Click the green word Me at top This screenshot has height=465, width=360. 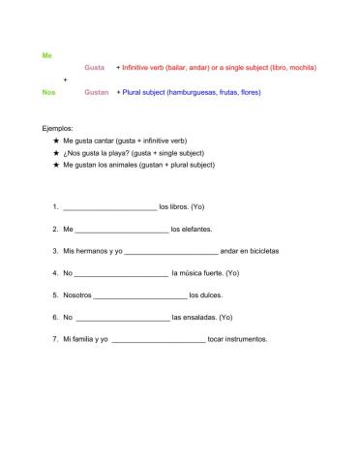point(47,55)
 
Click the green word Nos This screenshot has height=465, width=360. point(48,92)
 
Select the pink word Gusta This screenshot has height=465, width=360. point(94,68)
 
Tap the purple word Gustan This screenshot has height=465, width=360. point(96,92)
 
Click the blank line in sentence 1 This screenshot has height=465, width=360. point(109,208)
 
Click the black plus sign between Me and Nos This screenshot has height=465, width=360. point(65,79)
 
